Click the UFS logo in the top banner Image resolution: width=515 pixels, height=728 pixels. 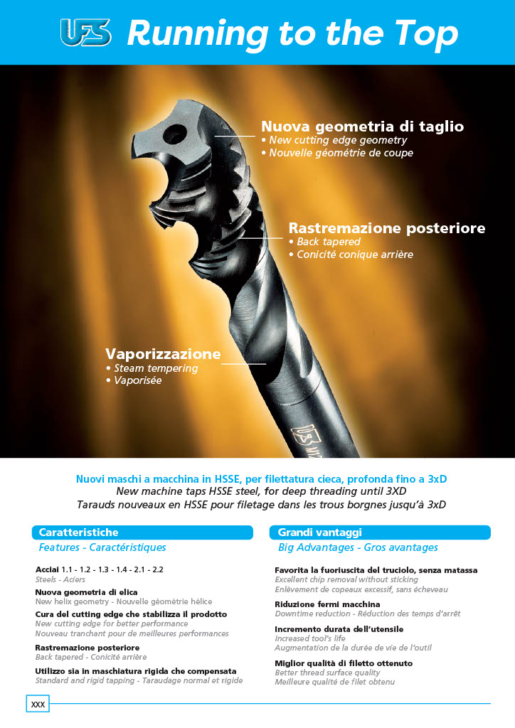point(85,33)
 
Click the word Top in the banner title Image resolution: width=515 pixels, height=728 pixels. point(420,33)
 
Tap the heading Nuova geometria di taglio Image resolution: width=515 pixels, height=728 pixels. point(362,127)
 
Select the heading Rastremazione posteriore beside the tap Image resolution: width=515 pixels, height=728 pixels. point(386,228)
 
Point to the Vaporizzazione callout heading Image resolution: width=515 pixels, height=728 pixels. point(163,353)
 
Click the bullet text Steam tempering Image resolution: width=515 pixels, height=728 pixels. point(156,368)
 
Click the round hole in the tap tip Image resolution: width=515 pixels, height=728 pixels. point(174,134)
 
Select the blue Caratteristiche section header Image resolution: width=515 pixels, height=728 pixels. point(142,532)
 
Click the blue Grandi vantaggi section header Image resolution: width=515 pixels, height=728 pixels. point(379,532)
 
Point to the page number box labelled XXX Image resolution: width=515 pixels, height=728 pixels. point(37,704)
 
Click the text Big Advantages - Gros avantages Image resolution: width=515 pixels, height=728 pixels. point(358,547)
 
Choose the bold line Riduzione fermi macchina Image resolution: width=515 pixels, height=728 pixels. point(327,604)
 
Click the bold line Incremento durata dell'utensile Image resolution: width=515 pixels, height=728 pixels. point(339,629)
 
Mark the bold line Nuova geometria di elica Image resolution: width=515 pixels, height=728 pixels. point(86,592)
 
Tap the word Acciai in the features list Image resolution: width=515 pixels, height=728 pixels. point(47,570)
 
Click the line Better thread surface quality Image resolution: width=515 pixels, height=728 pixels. point(327,673)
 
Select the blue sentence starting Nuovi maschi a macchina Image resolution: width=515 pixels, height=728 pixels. point(261,479)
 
